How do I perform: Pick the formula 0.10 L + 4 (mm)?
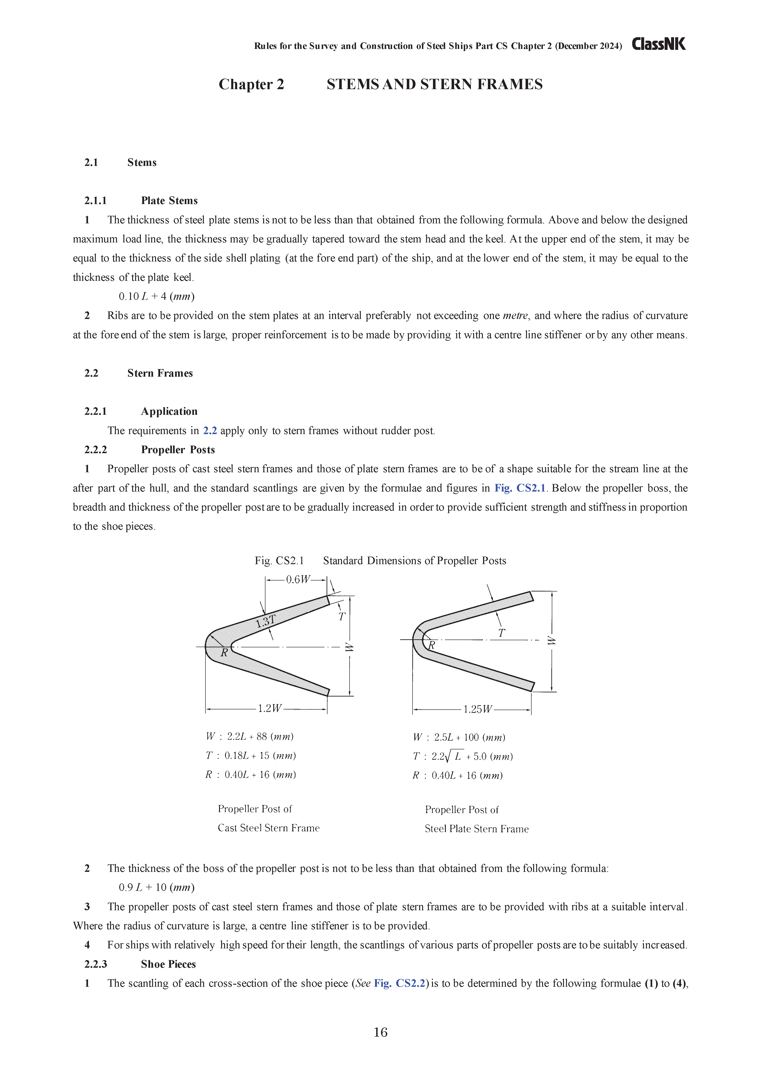[157, 296]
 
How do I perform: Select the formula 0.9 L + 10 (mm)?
[157, 887]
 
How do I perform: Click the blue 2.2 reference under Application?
[210, 431]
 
